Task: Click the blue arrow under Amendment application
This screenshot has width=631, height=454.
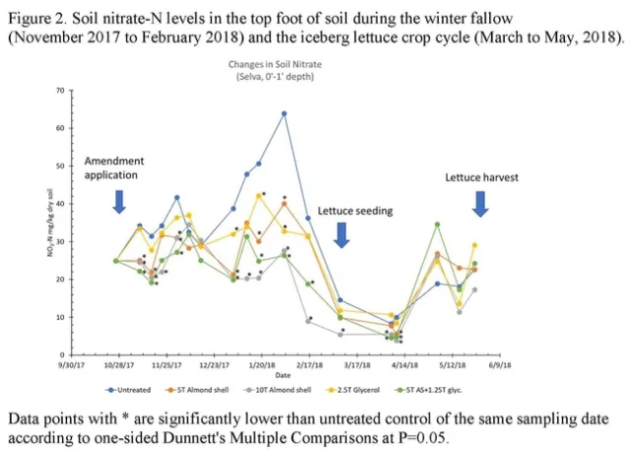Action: pyautogui.click(x=119, y=200)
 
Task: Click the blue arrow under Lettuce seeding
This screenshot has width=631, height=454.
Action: pyautogui.click(x=342, y=234)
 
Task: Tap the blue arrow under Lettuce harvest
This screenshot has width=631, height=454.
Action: pyautogui.click(x=481, y=202)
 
